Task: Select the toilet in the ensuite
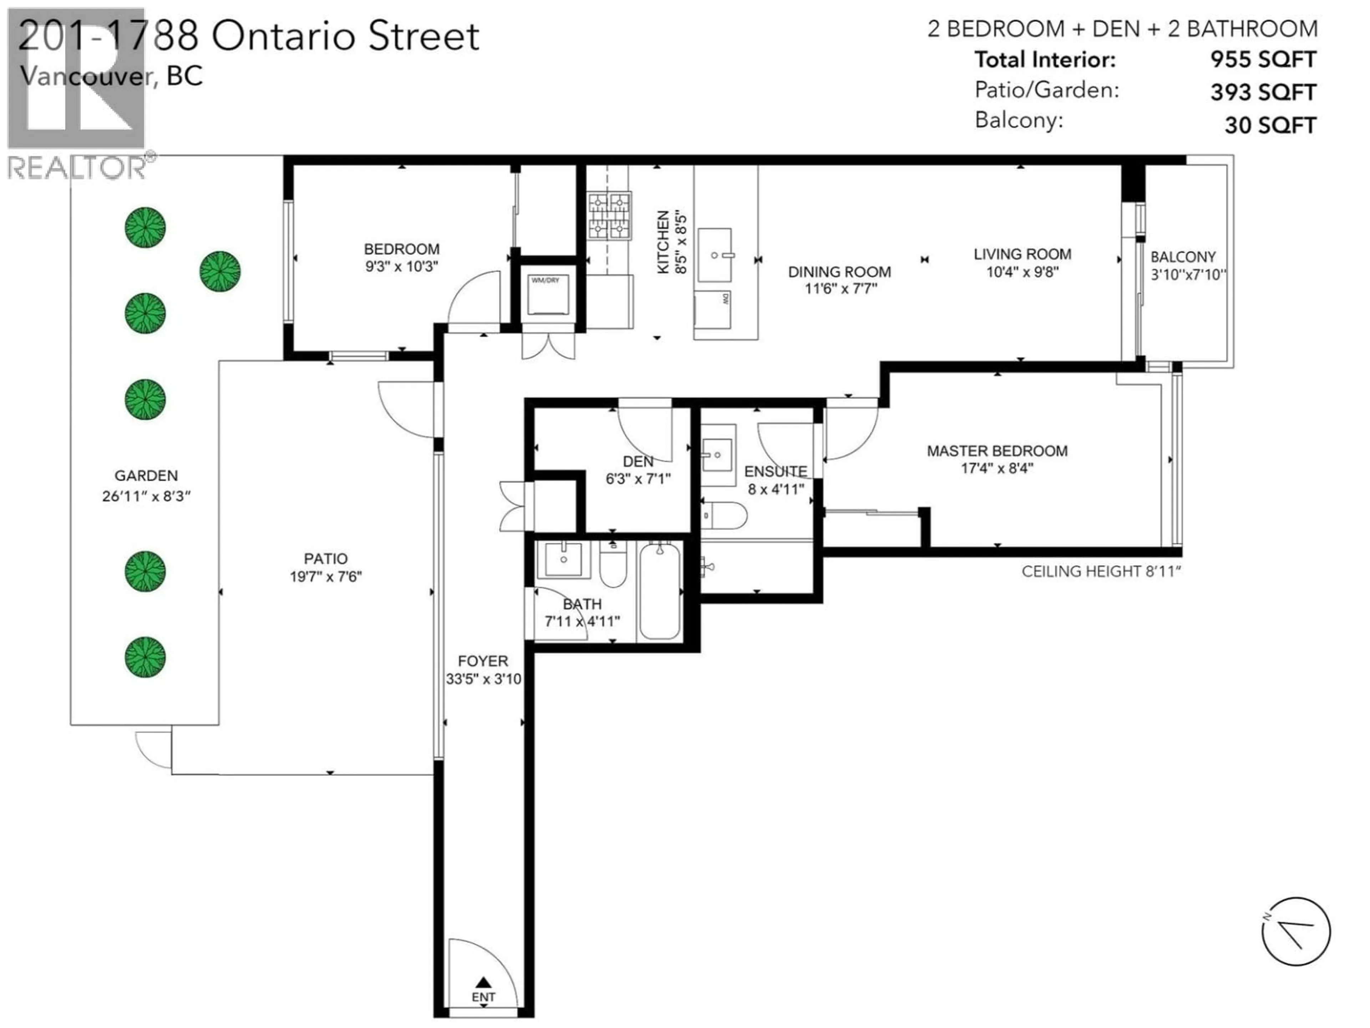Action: [x=725, y=515]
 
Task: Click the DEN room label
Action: [x=638, y=462]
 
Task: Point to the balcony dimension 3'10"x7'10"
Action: [x=1188, y=274]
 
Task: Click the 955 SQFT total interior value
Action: [x=1263, y=60]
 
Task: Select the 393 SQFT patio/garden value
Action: [x=1263, y=92]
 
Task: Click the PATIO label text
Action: [x=326, y=558]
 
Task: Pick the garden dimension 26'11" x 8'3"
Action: [x=146, y=497]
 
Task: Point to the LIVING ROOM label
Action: [x=1022, y=254]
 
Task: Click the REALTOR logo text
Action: [x=77, y=168]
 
